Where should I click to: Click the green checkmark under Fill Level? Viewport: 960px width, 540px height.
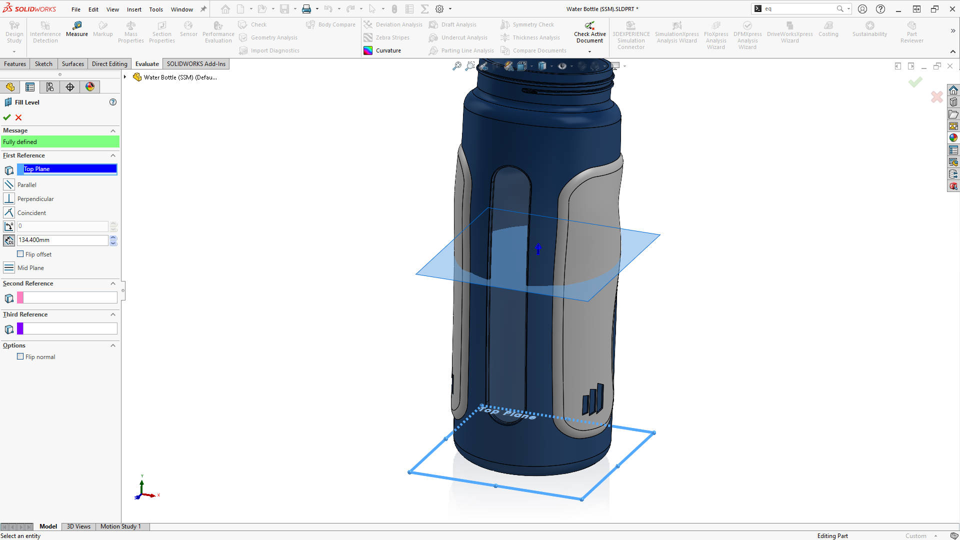(x=7, y=117)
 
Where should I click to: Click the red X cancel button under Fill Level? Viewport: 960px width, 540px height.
(x=18, y=117)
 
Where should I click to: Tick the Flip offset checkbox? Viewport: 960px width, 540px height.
(x=20, y=254)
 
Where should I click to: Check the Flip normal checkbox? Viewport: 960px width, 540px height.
(x=20, y=356)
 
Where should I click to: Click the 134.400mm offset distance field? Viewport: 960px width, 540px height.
(x=62, y=240)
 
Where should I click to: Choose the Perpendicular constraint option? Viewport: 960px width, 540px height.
(x=35, y=198)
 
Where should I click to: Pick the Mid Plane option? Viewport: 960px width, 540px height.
(x=30, y=267)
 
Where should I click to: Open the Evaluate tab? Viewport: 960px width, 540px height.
(x=147, y=63)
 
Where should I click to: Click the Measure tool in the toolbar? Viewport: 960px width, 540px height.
(x=76, y=29)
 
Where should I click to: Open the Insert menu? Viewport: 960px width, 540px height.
(x=134, y=9)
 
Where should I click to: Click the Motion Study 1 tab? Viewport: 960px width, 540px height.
(x=120, y=526)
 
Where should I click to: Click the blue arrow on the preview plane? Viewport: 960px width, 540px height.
(x=538, y=248)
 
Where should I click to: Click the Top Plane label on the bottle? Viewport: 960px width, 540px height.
(x=508, y=412)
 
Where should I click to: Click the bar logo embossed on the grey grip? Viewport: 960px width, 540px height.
(x=593, y=399)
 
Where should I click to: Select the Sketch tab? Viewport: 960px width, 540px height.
(x=43, y=63)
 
